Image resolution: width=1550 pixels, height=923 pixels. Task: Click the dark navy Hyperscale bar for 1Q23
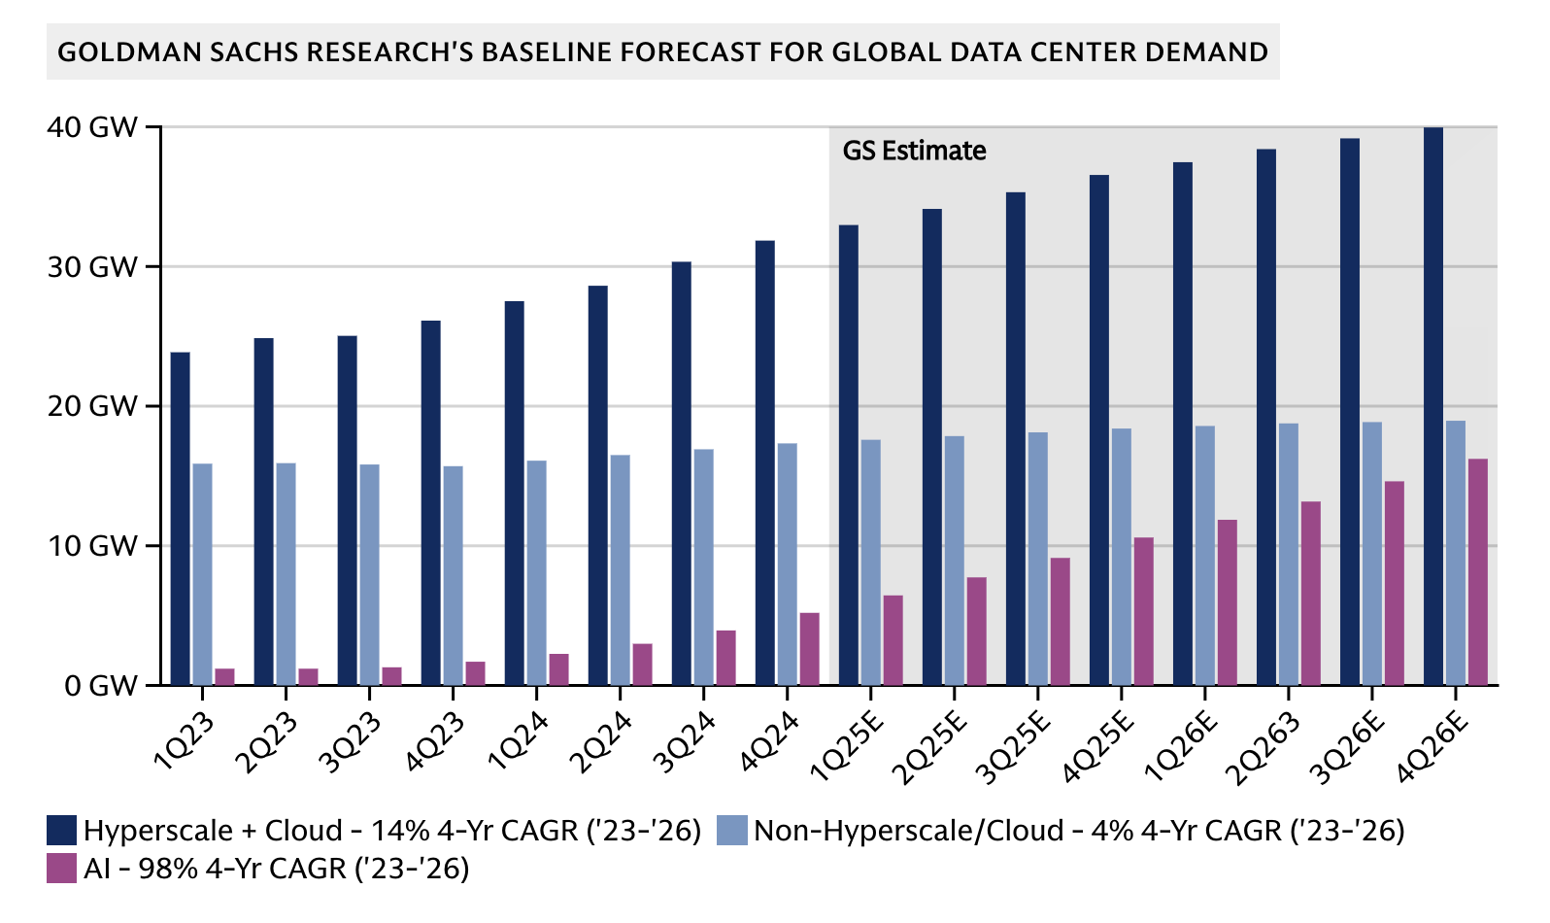180,519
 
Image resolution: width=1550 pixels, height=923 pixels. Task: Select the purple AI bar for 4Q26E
1477,572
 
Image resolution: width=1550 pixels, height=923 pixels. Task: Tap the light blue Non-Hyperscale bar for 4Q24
788,564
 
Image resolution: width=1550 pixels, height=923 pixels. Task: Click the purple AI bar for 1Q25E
893,640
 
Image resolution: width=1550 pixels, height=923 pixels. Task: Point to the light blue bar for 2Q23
286,574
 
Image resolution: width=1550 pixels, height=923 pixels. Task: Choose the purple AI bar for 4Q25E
1143,611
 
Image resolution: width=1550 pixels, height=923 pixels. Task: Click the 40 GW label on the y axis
92,127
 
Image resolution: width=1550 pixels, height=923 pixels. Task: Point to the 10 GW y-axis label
92,546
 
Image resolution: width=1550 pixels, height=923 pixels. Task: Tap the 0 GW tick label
101,686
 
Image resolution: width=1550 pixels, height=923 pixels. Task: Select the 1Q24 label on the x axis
519,741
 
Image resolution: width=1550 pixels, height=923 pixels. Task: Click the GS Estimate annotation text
914,151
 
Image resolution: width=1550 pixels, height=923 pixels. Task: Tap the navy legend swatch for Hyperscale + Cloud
62,831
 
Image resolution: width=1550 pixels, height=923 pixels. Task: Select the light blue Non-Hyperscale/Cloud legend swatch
731,831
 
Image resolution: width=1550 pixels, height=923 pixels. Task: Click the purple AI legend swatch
62,868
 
